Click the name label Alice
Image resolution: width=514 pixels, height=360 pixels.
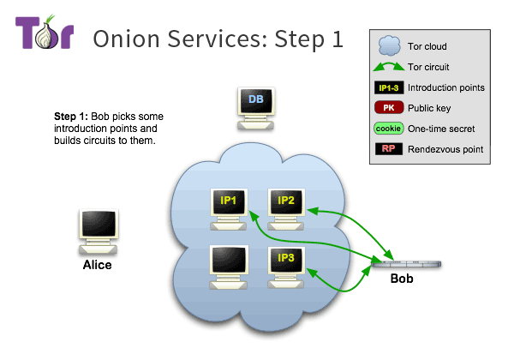97,265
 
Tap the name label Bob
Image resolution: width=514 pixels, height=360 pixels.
403,279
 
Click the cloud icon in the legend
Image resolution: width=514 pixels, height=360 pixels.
388,45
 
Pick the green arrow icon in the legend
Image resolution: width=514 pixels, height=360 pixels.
388,66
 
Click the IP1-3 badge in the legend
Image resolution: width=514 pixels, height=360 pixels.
388,87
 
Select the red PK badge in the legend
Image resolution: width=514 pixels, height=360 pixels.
388,108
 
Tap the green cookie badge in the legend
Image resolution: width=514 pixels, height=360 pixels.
388,129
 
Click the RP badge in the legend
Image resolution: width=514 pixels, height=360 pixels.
388,149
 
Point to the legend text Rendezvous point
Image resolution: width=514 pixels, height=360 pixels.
445,149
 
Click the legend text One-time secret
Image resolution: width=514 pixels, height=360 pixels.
441,129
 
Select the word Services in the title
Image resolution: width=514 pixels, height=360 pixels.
202,39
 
